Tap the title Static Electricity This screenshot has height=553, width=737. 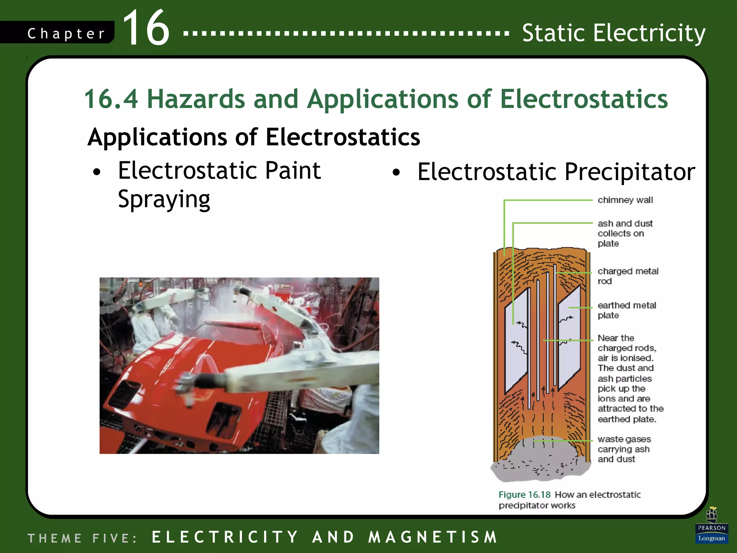tap(614, 33)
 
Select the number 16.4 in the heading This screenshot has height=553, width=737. tap(111, 99)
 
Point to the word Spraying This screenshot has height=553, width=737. tap(164, 199)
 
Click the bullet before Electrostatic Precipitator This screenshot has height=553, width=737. tap(396, 172)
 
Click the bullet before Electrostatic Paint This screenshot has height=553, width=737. tap(96, 172)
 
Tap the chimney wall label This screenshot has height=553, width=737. tap(625, 200)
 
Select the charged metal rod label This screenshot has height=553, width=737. tap(628, 276)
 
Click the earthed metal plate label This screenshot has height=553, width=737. tap(627, 310)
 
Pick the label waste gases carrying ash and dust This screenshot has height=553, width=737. tap(624, 449)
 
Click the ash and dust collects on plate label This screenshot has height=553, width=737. tap(625, 233)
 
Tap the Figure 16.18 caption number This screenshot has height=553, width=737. tap(524, 495)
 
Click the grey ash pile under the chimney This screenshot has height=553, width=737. tap(540, 466)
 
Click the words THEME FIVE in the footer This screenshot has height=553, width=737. tap(82, 538)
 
